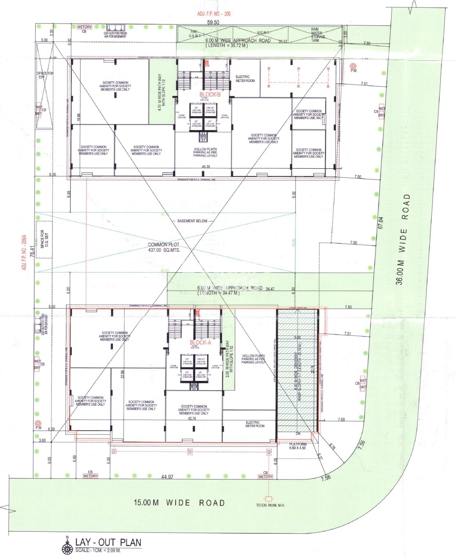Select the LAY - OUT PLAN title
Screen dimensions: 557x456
108,542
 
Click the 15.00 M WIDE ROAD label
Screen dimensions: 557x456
179,503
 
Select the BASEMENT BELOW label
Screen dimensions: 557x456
192,221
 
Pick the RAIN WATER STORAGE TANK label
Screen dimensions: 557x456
317,35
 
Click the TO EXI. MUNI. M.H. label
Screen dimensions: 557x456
270,505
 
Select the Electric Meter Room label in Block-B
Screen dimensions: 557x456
245,79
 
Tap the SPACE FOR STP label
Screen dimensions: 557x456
45,75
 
